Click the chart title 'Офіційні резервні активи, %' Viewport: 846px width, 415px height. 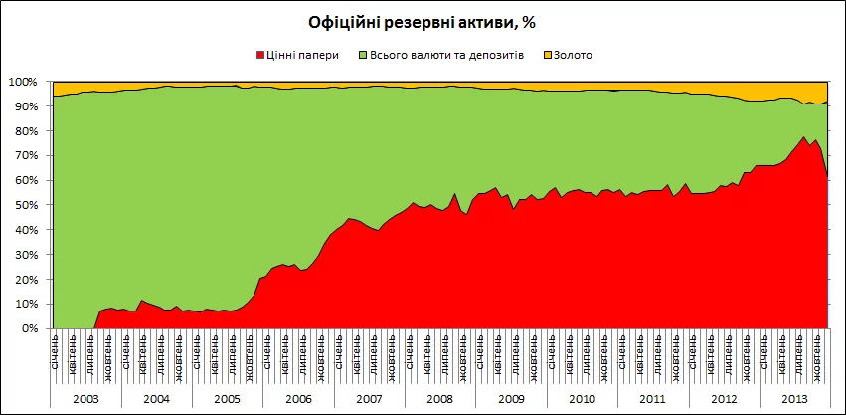tap(422, 21)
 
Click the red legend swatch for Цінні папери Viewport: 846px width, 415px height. tap(261, 54)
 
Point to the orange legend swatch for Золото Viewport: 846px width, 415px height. tap(548, 54)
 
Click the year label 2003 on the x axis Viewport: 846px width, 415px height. tap(85, 399)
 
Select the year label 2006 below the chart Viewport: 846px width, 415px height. tap(298, 399)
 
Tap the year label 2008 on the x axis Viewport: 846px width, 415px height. tap(439, 399)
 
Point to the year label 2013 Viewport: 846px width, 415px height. tap(792, 399)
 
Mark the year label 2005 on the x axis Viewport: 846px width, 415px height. tap(228, 399)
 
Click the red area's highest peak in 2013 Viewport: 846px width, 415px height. tap(803, 137)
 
